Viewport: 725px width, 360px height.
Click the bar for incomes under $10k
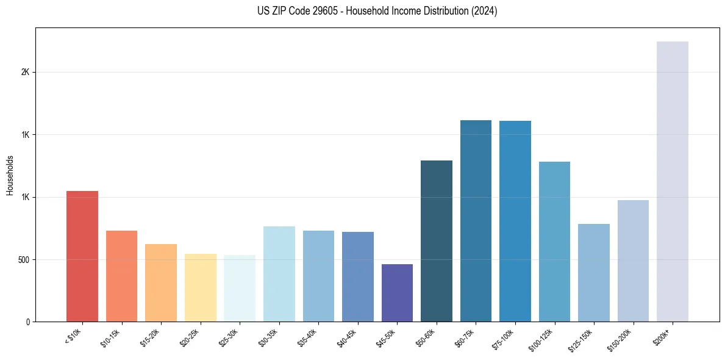(82, 256)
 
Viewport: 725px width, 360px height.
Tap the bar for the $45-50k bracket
(397, 293)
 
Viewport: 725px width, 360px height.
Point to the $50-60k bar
(437, 241)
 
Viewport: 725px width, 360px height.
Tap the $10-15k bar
(122, 276)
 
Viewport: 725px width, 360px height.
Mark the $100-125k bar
(554, 242)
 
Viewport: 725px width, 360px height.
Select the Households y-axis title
(10, 175)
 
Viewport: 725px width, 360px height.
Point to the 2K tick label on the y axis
(25, 72)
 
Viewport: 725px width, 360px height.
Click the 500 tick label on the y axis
(23, 259)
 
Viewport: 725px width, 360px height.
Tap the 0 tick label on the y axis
(28, 322)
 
